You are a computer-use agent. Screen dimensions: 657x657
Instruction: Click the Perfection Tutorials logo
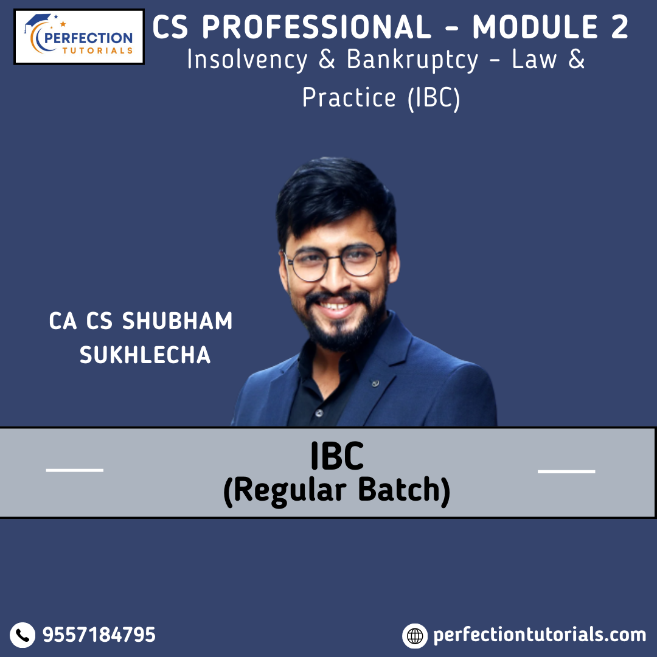pos(79,37)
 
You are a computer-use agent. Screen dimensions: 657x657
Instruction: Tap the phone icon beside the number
pos(23,634)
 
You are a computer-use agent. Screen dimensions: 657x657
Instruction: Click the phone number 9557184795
pos(99,634)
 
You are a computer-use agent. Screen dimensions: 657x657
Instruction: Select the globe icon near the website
pos(415,636)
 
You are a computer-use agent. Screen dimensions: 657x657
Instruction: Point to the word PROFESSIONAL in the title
pos(317,27)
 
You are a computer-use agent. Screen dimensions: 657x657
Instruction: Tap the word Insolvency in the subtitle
pos(247,60)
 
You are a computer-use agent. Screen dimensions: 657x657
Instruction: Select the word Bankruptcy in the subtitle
pos(412,60)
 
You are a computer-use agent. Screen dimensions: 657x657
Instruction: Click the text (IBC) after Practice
pos(434,98)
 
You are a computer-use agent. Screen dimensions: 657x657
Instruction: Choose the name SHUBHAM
pos(177,321)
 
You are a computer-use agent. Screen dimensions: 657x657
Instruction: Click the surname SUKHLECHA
pos(145,355)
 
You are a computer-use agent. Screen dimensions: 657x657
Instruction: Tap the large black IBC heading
pos(337,456)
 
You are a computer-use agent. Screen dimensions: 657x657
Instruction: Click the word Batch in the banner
pos(404,490)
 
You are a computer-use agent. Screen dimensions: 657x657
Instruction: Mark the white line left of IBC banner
pos(75,470)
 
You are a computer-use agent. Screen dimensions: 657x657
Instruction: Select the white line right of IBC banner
pos(566,471)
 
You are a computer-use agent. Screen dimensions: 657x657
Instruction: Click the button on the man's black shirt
pos(319,413)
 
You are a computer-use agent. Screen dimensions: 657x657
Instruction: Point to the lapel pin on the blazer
pos(376,383)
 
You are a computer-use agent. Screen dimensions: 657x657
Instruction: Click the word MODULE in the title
pos(535,27)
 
